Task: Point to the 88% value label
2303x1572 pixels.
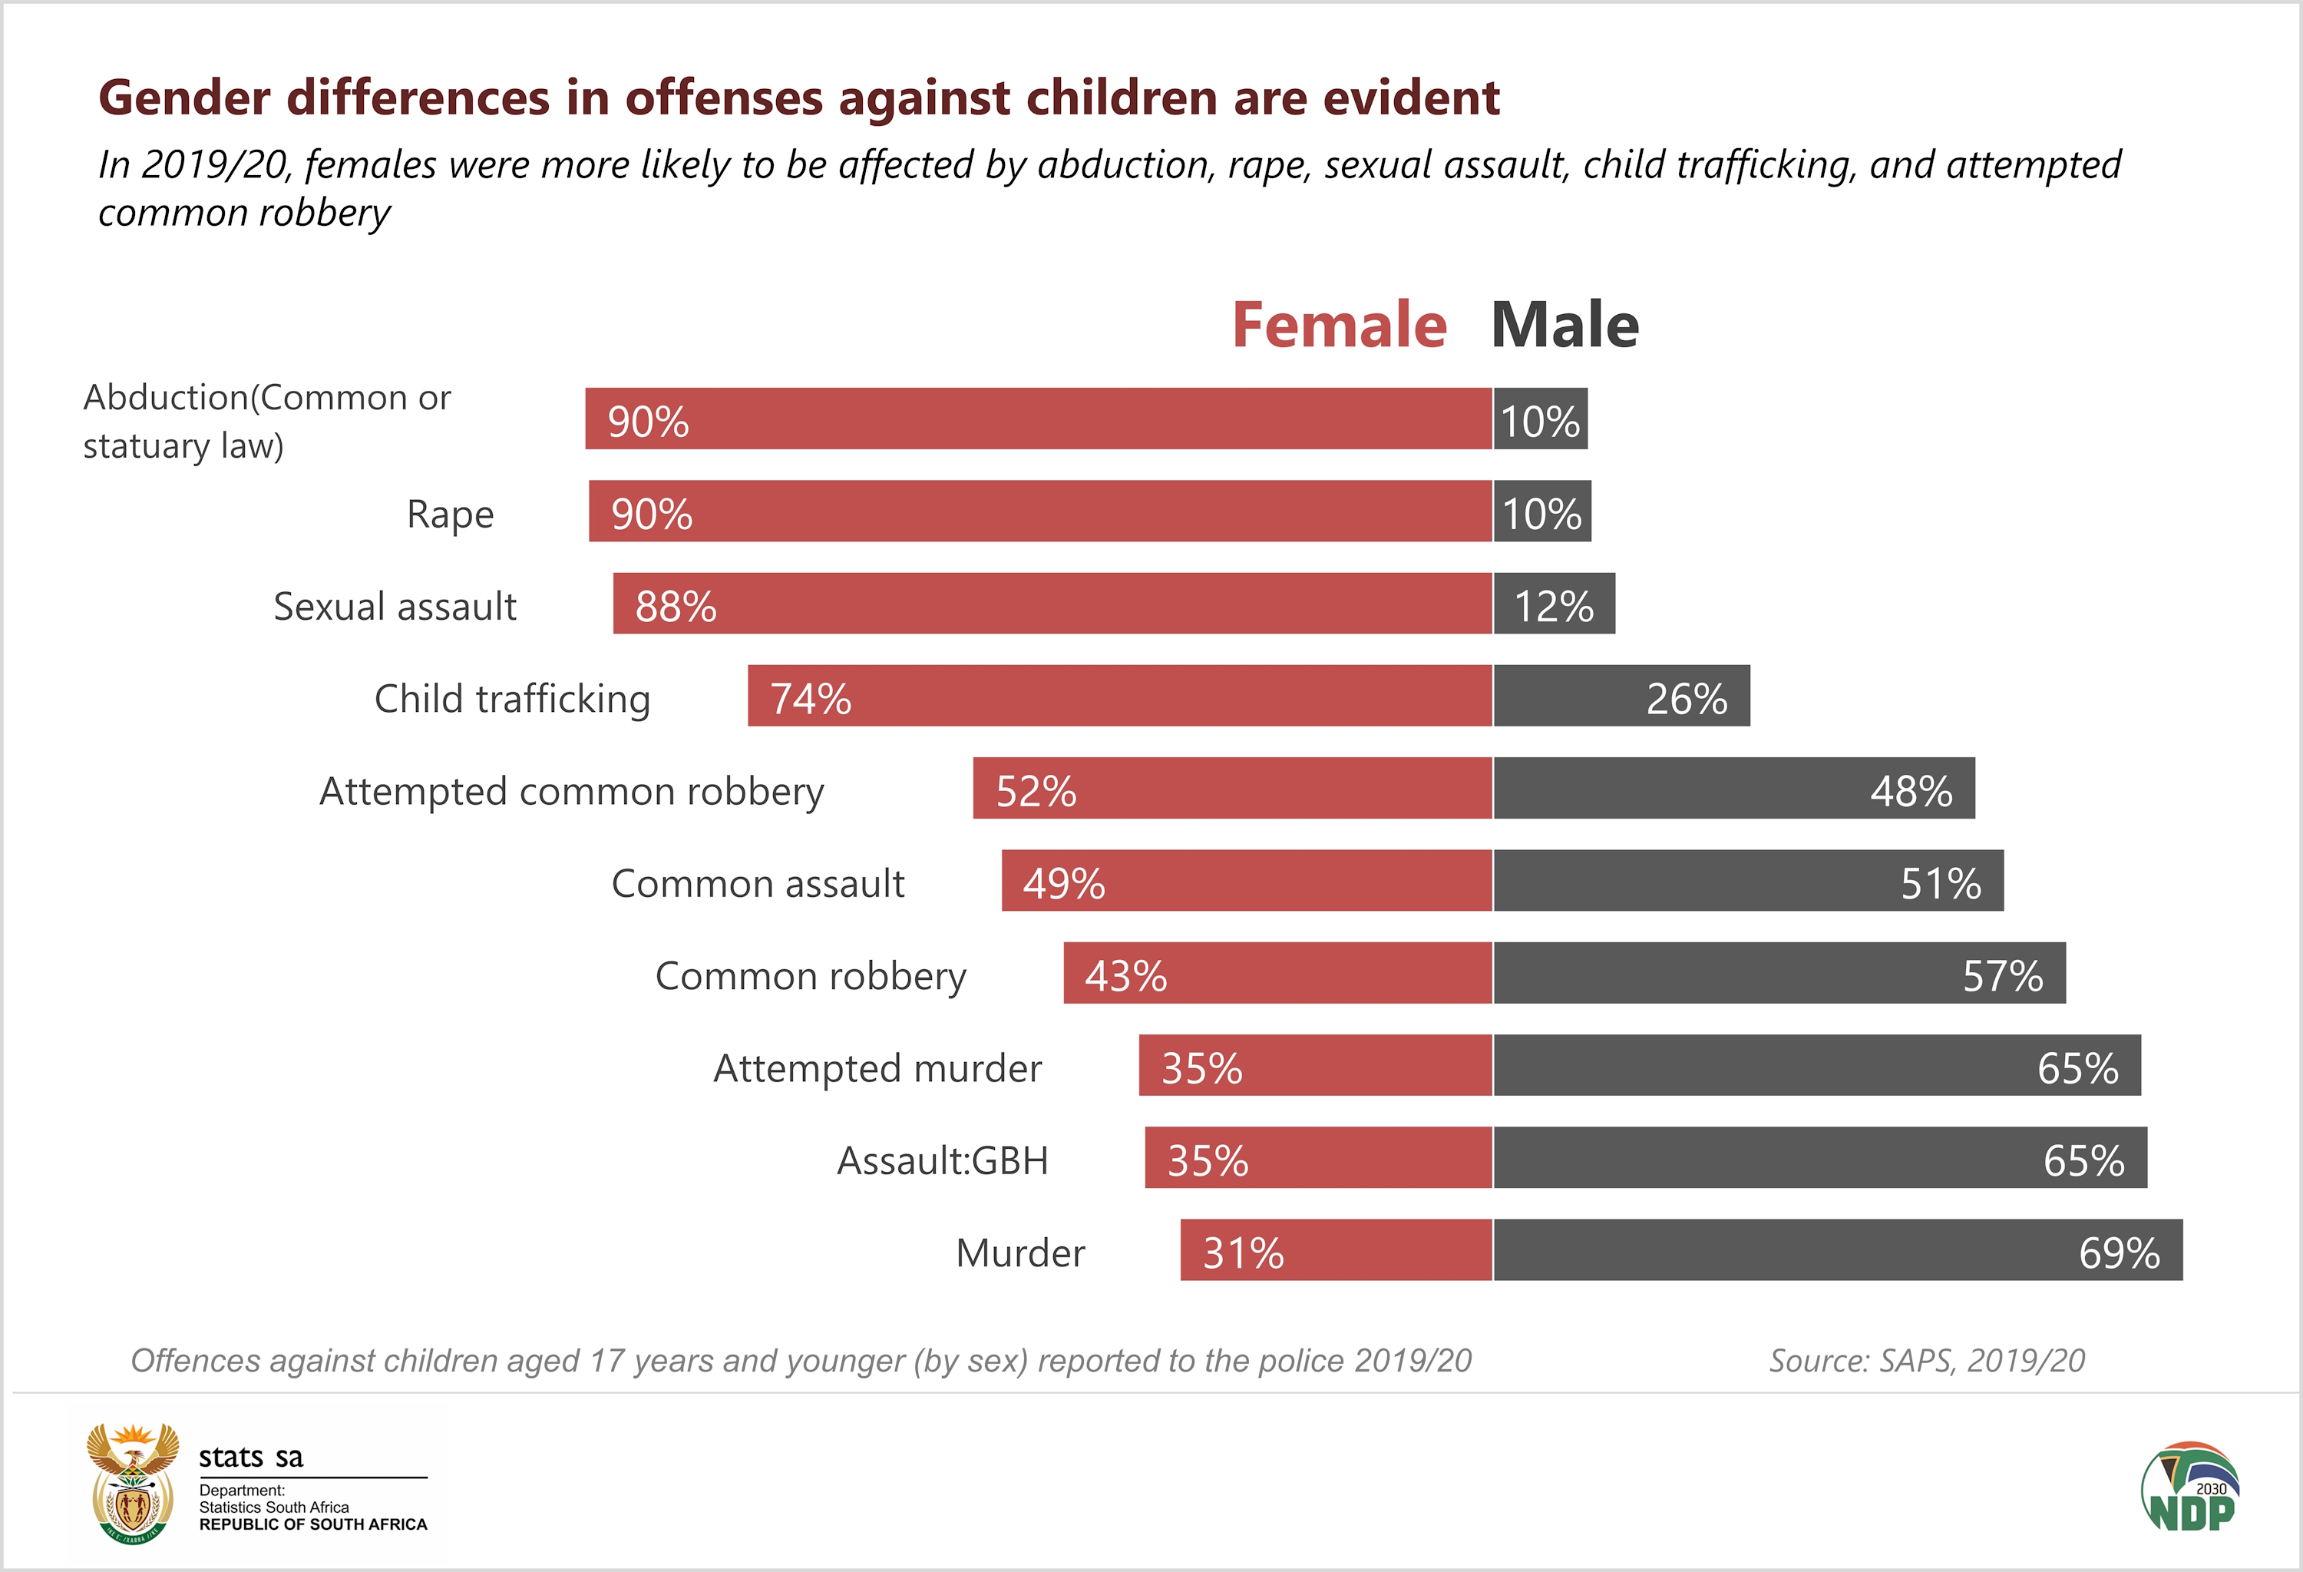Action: (676, 606)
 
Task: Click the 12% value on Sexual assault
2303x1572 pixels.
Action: (1554, 606)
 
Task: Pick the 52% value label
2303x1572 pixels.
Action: (1036, 791)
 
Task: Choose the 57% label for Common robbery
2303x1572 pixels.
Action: (2003, 975)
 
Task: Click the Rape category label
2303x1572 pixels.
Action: (450, 514)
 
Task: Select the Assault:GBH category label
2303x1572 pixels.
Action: (943, 1160)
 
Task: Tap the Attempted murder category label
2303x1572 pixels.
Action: (877, 1067)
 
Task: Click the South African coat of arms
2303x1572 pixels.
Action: (133, 1484)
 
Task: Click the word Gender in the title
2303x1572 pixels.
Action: (184, 98)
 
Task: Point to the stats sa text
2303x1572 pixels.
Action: (251, 1456)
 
